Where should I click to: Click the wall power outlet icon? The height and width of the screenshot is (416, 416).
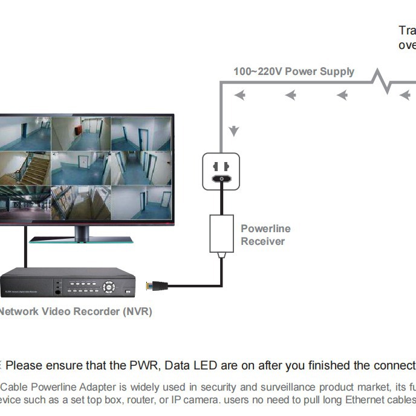point(221,171)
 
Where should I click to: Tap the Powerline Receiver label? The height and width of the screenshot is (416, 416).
point(265,235)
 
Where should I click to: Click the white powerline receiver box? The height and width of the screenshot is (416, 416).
point(221,233)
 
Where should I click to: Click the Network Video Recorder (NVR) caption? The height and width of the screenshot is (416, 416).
point(75,312)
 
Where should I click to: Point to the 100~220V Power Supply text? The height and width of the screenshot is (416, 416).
point(294,71)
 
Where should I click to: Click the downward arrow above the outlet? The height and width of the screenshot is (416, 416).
point(234,131)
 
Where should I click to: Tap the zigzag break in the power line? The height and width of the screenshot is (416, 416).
point(382,80)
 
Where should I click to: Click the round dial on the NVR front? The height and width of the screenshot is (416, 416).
point(109,286)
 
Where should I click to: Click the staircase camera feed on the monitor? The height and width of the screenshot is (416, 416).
point(24,168)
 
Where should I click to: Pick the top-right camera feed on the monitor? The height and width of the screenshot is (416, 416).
point(141,133)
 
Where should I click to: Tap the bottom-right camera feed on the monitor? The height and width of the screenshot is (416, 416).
point(141,201)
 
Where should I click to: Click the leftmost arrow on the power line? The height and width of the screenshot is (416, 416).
point(240,95)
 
